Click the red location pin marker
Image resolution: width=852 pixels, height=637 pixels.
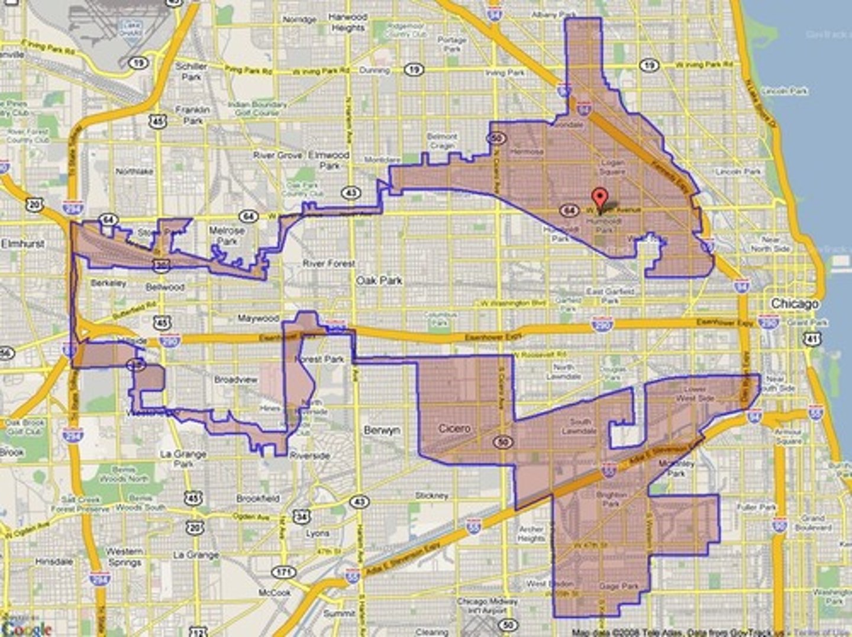click(600, 198)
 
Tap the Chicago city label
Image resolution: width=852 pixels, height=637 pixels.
click(795, 303)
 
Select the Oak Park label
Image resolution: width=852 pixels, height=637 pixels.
click(379, 280)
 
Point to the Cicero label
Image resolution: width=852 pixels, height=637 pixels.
click(454, 428)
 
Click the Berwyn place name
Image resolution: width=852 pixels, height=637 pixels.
click(382, 431)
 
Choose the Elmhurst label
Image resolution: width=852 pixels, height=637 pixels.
click(22, 244)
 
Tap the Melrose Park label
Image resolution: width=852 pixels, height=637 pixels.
click(227, 235)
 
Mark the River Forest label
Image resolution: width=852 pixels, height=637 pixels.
click(329, 263)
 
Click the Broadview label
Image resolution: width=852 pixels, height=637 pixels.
click(235, 379)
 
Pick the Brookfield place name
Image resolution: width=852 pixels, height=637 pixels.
click(257, 499)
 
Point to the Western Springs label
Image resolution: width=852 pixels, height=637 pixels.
click(124, 557)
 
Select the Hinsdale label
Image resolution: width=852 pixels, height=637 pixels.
click(54, 561)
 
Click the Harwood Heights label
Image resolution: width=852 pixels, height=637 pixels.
click(348, 22)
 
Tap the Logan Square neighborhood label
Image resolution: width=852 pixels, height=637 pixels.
click(612, 167)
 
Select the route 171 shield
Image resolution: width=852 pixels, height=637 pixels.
click(283, 572)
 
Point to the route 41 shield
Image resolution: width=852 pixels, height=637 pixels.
click(812, 339)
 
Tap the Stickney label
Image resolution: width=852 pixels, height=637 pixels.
click(431, 496)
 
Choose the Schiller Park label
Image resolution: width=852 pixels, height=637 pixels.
click(191, 72)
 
